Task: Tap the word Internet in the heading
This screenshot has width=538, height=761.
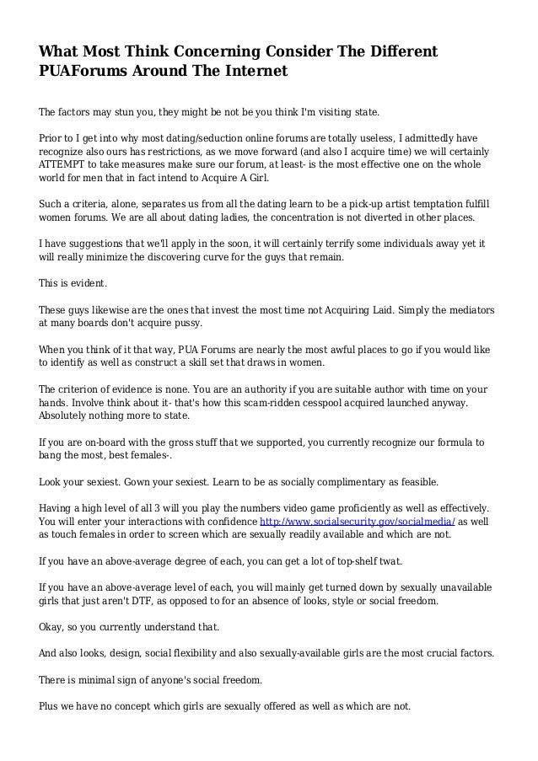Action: click(251, 72)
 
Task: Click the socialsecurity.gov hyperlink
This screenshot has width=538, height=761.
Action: click(382, 522)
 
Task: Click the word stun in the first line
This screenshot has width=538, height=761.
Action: click(123, 110)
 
